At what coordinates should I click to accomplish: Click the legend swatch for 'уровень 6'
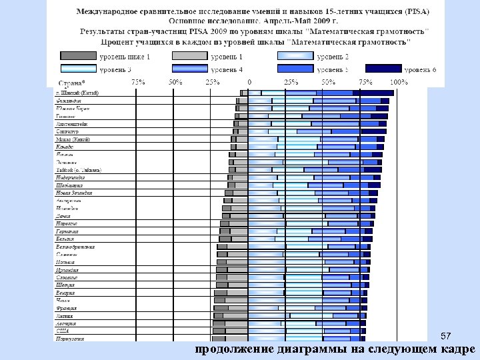point(383,69)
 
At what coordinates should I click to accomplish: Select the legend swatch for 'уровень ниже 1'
point(79,57)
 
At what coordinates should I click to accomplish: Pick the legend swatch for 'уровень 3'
point(79,69)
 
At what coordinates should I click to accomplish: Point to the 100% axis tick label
point(398,81)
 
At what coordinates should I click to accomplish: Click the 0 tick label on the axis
point(249,81)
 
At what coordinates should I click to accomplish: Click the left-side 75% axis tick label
point(139,81)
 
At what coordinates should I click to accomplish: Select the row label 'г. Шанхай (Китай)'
point(77,93)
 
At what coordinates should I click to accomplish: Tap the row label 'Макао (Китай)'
point(73,139)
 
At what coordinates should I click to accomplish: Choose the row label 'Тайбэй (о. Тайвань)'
point(79,170)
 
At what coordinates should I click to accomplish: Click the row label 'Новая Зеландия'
point(74,193)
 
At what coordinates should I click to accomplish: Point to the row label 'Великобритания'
point(75,247)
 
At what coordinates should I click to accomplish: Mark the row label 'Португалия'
point(70,339)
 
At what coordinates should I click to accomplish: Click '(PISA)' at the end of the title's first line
point(413,12)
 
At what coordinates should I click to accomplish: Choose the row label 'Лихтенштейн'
point(71,124)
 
